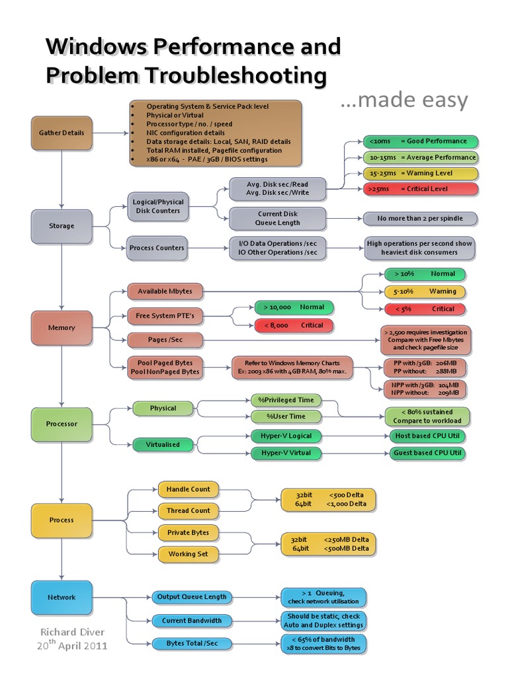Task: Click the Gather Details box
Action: pos(61,132)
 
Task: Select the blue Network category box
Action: pos(61,597)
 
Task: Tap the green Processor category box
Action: pos(61,424)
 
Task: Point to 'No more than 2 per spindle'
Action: pos(419,218)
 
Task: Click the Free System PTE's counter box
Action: pos(165,315)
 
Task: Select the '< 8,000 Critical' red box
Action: pos(294,325)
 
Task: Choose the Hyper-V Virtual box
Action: pos(286,453)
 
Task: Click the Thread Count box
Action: pos(188,510)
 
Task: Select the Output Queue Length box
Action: pos(191,596)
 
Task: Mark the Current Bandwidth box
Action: pos(191,621)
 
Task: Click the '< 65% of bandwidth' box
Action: pos(323,643)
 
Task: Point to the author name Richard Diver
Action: pos(72,632)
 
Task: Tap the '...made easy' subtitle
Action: pos(403,100)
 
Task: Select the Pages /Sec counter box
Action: pos(165,340)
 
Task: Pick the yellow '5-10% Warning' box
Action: pos(425,291)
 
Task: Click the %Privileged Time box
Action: pos(286,400)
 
